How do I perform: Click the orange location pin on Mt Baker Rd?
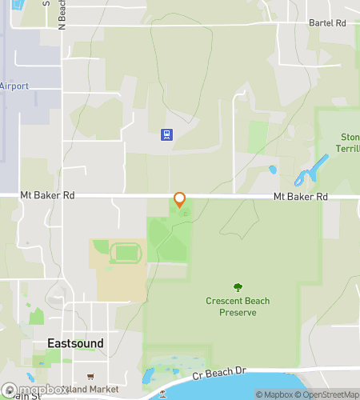(x=180, y=199)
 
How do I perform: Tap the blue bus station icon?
(x=166, y=134)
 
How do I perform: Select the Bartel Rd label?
(x=327, y=24)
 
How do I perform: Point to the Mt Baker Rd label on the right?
(x=300, y=196)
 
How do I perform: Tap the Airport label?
(x=14, y=86)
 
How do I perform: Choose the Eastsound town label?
(x=75, y=343)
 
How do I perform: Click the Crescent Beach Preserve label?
(x=238, y=306)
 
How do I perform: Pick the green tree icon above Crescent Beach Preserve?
(x=237, y=287)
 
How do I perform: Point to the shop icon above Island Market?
(x=90, y=377)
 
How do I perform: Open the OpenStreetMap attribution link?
(x=329, y=394)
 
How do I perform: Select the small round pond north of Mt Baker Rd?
(x=273, y=170)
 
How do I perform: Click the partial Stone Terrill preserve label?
(x=350, y=142)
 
